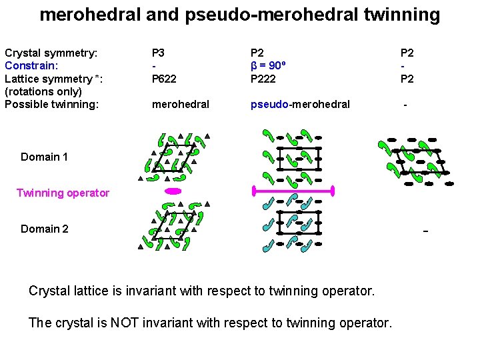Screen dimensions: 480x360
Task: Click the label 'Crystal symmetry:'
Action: pyautogui.click(x=51, y=52)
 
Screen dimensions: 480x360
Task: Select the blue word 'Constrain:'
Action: pyautogui.click(x=31, y=65)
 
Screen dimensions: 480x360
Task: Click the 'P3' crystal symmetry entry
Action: pyautogui.click(x=159, y=52)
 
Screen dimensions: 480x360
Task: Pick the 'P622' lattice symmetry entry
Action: pyautogui.click(x=164, y=79)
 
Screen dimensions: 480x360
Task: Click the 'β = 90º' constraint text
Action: pyautogui.click(x=272, y=65)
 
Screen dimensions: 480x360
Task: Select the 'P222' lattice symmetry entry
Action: pyautogui.click(x=263, y=79)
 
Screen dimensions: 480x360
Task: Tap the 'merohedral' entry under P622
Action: pyautogui.click(x=181, y=104)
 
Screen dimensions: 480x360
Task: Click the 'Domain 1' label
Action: pyautogui.click(x=44, y=157)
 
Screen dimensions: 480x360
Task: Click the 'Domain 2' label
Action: pyautogui.click(x=44, y=229)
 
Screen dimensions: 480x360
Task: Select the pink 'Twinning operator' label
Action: pyautogui.click(x=63, y=193)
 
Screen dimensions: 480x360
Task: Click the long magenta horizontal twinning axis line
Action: pyautogui.click(x=293, y=191)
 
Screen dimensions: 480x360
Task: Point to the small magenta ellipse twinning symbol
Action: pyautogui.click(x=173, y=191)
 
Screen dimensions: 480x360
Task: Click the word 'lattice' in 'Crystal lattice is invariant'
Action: pyautogui.click(x=100, y=291)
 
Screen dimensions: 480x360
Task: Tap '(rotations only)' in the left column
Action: pyautogui.click(x=43, y=91)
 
